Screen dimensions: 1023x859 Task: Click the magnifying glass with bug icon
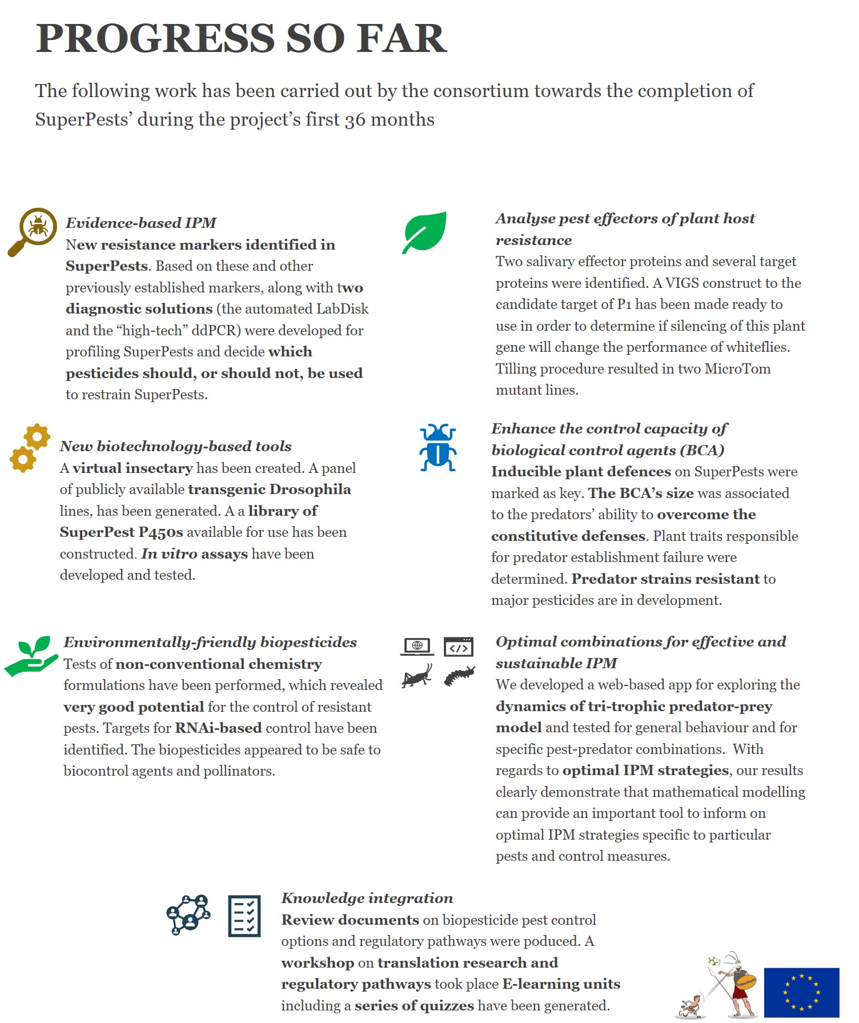coord(33,231)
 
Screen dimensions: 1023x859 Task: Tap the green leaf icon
coord(424,232)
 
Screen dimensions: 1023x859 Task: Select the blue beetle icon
coord(437,448)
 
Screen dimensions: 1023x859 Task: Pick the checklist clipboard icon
coord(244,916)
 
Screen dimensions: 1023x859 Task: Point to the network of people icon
coord(188,914)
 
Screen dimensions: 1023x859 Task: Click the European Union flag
coord(801,992)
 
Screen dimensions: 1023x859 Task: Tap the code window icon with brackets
coord(459,647)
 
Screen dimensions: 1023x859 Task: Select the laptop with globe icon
coord(417,647)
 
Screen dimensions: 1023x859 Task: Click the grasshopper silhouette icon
coord(417,676)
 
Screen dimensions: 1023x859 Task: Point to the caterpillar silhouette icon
coord(459,676)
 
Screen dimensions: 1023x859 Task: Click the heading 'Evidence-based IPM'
coord(141,223)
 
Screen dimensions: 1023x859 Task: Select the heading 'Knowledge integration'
coord(367,898)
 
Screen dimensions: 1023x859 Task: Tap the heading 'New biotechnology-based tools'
coord(175,446)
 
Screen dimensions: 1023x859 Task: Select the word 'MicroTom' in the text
coord(737,369)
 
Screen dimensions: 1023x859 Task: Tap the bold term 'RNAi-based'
coord(219,728)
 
